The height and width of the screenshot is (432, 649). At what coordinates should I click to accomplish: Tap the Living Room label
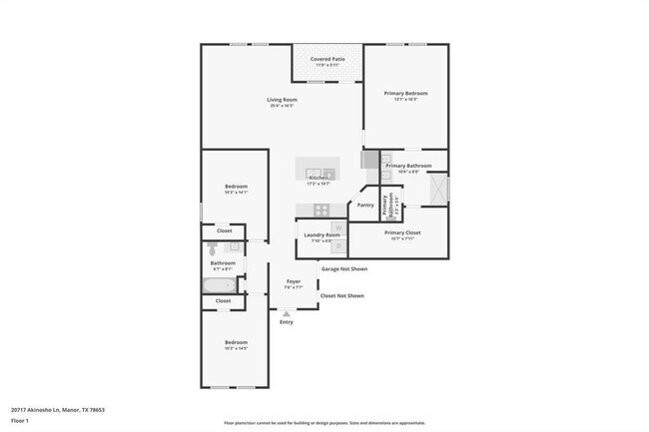tap(283, 100)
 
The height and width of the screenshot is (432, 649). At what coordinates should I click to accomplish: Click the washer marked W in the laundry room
tap(337, 229)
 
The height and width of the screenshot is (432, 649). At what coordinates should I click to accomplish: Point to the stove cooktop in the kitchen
tap(322, 210)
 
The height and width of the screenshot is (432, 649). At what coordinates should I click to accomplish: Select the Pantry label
tap(365, 206)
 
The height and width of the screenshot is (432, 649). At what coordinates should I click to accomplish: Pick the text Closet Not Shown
tap(341, 295)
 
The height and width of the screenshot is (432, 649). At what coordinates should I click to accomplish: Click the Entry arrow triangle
tap(287, 313)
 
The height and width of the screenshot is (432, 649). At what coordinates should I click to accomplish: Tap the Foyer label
tap(294, 282)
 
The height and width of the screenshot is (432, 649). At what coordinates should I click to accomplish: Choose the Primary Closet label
tap(403, 232)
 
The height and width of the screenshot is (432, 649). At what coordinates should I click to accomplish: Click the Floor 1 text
tap(20, 420)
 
